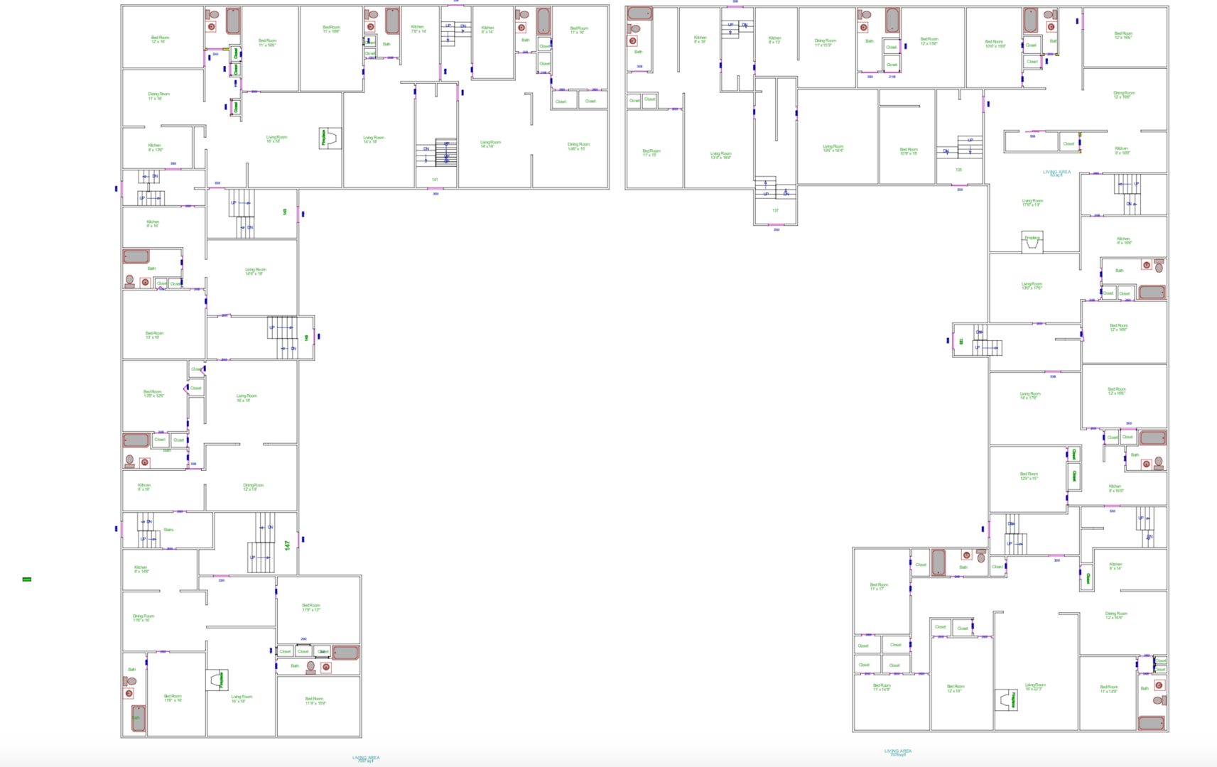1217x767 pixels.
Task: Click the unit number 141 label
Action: coord(435,180)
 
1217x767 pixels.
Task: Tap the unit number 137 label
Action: coord(775,210)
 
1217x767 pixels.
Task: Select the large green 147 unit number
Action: coord(287,545)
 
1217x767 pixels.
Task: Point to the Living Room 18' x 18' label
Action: coord(276,139)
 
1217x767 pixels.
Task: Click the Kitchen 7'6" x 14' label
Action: coord(418,29)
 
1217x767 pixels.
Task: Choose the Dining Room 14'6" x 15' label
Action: coord(578,146)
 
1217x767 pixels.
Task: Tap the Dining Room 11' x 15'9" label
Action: coord(825,43)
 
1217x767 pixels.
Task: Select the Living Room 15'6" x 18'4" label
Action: coord(832,148)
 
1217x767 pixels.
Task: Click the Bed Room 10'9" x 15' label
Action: coord(908,151)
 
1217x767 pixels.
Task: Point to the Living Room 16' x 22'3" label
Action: coord(1034,687)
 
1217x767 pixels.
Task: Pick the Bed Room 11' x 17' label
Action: coord(878,587)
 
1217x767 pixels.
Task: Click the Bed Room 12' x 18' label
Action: coord(955,688)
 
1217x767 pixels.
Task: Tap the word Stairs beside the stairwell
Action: coord(168,530)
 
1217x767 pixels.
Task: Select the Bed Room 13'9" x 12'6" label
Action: coord(153,393)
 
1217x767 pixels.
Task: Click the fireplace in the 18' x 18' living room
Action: coord(329,138)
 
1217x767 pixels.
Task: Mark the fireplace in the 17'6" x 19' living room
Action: coord(1032,242)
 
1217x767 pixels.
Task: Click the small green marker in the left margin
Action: coord(27,580)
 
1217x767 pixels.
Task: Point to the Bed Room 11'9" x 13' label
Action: coord(310,607)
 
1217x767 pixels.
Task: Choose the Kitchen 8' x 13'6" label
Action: coord(154,148)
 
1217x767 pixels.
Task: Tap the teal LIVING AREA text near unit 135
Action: coord(1056,173)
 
